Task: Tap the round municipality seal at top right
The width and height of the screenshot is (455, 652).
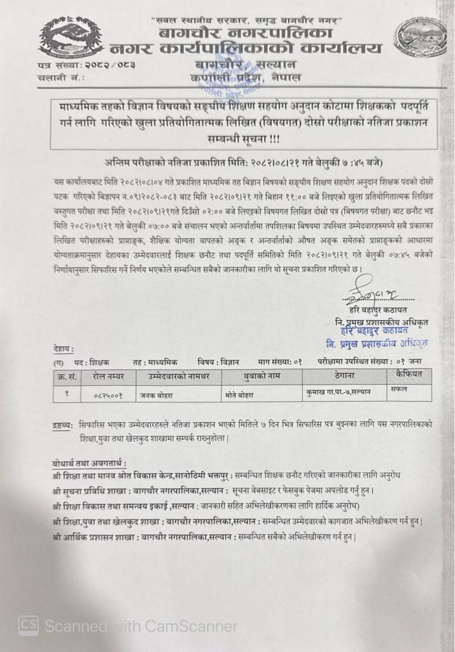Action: click(x=420, y=38)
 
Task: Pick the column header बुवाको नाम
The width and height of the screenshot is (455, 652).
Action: click(x=262, y=376)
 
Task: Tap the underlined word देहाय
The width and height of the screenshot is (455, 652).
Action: click(x=64, y=348)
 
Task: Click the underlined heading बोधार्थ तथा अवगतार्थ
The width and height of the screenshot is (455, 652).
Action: click(x=90, y=462)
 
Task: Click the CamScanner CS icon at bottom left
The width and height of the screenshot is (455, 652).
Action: click(x=28, y=626)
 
